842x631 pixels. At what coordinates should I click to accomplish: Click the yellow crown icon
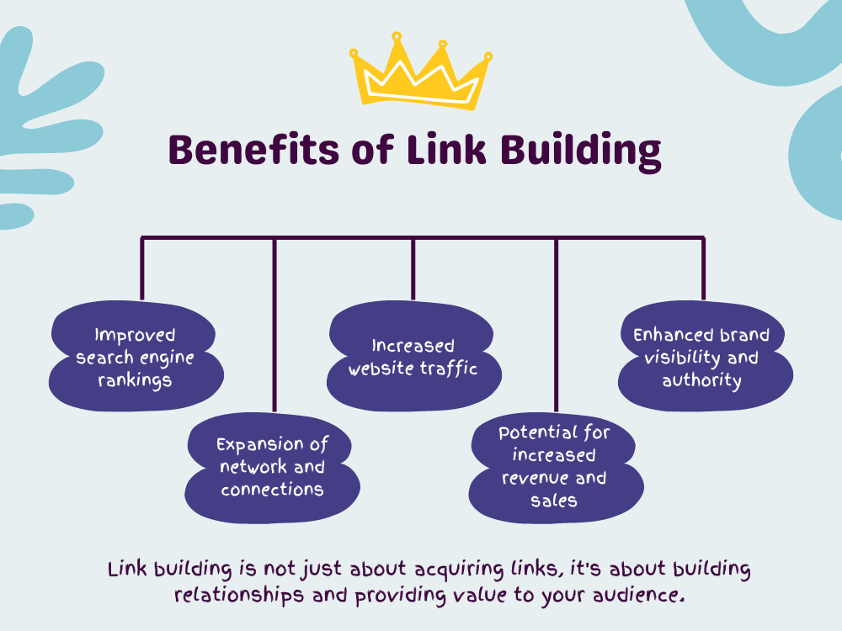[420, 72]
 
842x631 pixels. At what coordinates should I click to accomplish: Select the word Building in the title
[580, 151]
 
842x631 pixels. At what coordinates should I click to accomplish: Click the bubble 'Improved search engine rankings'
[136, 356]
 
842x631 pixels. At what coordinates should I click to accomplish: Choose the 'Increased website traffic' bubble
[414, 356]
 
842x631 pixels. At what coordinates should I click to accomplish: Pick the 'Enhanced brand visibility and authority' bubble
[705, 356]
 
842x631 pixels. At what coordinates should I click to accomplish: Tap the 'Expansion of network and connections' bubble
[272, 468]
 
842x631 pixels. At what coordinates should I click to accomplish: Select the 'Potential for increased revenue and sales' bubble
[556, 468]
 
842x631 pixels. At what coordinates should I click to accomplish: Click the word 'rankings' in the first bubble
[135, 380]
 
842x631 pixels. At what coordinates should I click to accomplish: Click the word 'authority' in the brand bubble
[701, 380]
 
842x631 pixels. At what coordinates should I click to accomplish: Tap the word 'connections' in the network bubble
[272, 490]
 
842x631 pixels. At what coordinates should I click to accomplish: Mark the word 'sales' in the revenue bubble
[554, 501]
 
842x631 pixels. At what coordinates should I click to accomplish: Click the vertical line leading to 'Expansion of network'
[274, 325]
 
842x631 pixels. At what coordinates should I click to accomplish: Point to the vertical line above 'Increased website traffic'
[413, 268]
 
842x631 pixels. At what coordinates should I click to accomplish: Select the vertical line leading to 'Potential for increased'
[557, 325]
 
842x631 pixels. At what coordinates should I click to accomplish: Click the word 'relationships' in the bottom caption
[239, 596]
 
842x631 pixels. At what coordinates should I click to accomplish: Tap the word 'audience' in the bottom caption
[638, 595]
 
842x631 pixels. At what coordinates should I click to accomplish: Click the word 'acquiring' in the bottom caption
[459, 570]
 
